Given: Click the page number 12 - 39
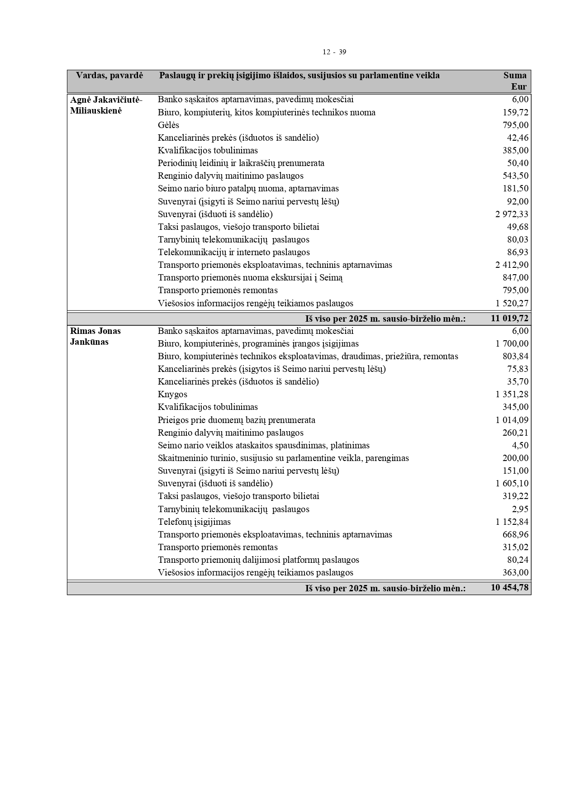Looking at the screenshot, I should [x=334, y=52].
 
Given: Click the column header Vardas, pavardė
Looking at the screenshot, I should [x=109, y=76].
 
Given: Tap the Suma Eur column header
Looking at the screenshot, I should [x=515, y=81].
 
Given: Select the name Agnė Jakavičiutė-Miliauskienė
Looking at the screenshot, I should [x=106, y=105].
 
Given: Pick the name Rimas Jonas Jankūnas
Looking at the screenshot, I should [x=95, y=336].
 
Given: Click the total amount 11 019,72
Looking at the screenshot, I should [x=509, y=319].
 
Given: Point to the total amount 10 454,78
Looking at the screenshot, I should [x=509, y=588].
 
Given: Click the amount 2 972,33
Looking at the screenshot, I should [x=512, y=214].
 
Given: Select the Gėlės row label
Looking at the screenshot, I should [x=168, y=125].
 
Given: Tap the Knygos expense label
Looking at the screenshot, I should [x=172, y=394].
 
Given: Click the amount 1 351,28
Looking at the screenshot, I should [x=512, y=395].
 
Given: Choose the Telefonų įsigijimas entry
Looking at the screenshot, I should [x=194, y=522].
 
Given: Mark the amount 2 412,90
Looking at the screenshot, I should [x=512, y=265].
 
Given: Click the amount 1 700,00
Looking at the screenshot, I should [x=512, y=343].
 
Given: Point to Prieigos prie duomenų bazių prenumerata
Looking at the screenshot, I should [x=236, y=420].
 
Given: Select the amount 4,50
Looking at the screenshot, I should [x=520, y=445].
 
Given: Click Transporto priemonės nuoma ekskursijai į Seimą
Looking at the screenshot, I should [x=250, y=277].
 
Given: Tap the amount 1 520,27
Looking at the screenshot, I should [x=512, y=303].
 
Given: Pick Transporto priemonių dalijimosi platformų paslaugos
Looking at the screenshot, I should [x=258, y=560].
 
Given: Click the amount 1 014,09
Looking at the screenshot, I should [x=512, y=420].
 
